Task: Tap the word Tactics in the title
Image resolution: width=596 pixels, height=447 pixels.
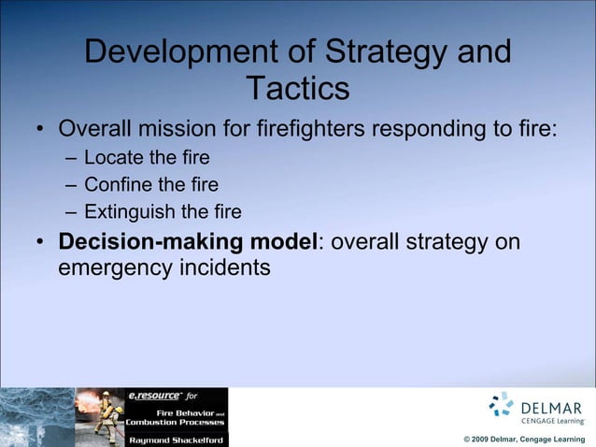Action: tap(298, 89)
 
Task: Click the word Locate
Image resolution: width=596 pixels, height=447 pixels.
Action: tap(113, 156)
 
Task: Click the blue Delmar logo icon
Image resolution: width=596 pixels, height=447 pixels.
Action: tap(502, 404)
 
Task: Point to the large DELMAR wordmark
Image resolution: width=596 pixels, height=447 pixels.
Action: tap(551, 408)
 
